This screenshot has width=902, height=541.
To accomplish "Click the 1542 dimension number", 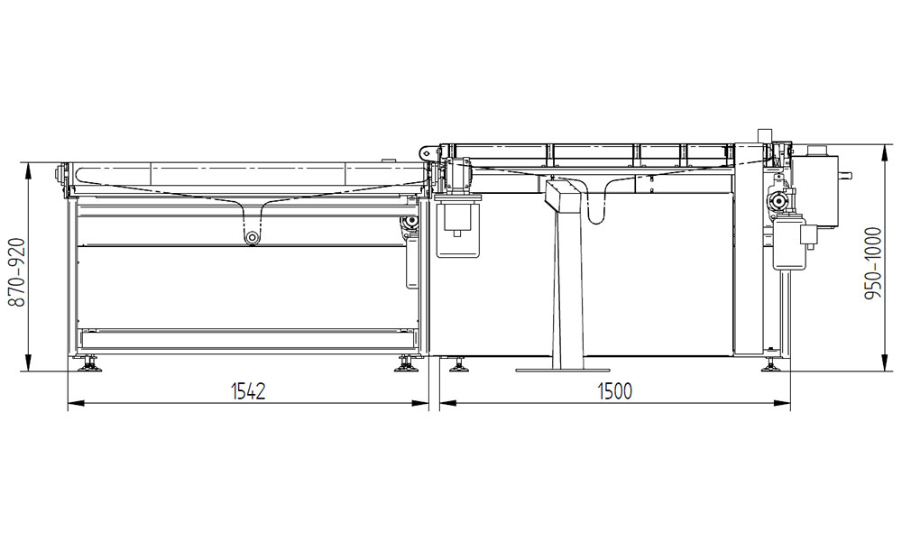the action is [248, 391].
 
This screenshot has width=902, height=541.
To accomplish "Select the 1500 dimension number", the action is [615, 391].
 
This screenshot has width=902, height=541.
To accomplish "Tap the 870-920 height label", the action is [17, 272].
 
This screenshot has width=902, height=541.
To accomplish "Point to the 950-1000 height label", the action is [873, 263].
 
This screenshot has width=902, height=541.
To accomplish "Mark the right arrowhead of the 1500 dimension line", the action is [783, 403].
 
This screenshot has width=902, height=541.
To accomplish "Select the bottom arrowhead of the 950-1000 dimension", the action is [884, 363].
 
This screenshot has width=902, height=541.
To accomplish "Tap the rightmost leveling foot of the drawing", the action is [771, 365].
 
